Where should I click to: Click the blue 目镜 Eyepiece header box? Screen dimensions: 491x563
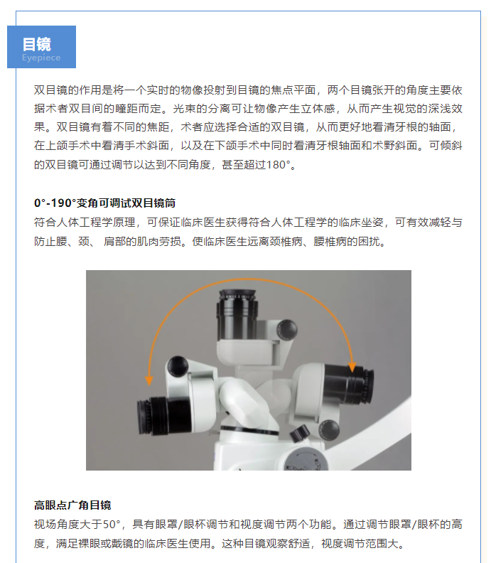click(x=42, y=47)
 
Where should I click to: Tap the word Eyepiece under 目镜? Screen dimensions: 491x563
click(x=41, y=58)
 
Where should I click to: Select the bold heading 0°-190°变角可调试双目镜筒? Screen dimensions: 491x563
click(x=104, y=203)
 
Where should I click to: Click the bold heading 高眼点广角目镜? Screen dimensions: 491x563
click(x=72, y=505)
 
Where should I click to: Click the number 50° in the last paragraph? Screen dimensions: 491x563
click(x=112, y=524)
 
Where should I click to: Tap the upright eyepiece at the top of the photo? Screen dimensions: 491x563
click(x=237, y=314)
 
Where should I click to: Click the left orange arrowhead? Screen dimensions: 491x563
click(x=149, y=380)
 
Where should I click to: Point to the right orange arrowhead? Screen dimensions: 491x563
click(x=352, y=367)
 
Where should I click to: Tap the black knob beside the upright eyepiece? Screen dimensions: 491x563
click(x=287, y=330)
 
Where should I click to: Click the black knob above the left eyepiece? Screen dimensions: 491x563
click(x=178, y=365)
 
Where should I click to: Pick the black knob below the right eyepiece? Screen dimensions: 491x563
click(x=329, y=429)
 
